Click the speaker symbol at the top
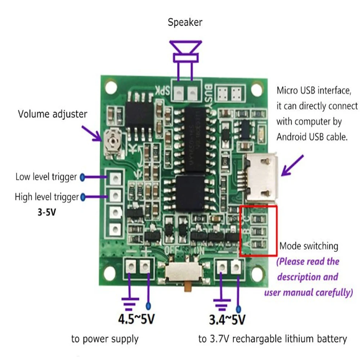pos(185,52)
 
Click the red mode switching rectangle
pos(258,231)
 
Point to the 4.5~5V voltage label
pos(137,319)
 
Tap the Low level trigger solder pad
pos(115,177)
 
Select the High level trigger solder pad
pos(115,196)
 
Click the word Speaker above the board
pos(185,22)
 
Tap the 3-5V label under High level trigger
pos(46,212)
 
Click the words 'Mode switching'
pos(309,246)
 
